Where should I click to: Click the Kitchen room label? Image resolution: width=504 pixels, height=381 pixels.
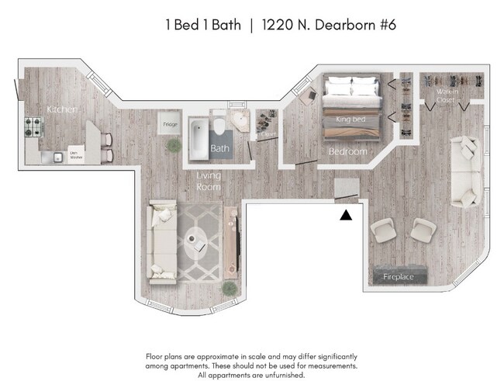[61, 109]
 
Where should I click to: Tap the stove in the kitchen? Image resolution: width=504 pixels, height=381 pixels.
[34, 126]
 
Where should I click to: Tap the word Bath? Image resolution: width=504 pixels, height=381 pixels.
[220, 148]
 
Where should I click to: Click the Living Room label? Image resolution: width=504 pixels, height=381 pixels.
[208, 182]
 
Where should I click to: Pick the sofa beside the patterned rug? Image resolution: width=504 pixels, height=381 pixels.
[162, 240]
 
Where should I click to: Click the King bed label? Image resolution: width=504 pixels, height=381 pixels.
[350, 119]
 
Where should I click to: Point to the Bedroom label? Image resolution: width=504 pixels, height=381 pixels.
[347, 151]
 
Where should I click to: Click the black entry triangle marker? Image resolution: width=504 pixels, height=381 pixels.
[346, 214]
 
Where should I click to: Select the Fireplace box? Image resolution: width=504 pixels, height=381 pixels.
[399, 276]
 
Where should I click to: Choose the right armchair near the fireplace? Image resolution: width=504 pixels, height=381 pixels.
[423, 230]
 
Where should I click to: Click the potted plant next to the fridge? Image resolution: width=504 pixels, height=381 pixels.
[171, 146]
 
